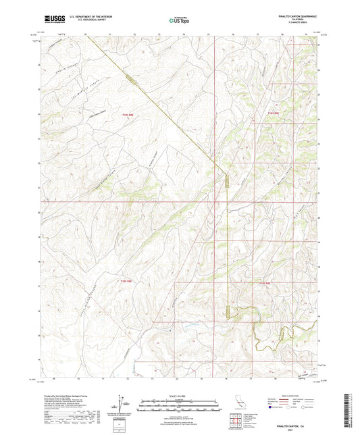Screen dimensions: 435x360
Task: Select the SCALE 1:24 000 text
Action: click(x=179, y=396)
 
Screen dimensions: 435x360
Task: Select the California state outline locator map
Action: click(x=238, y=405)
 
